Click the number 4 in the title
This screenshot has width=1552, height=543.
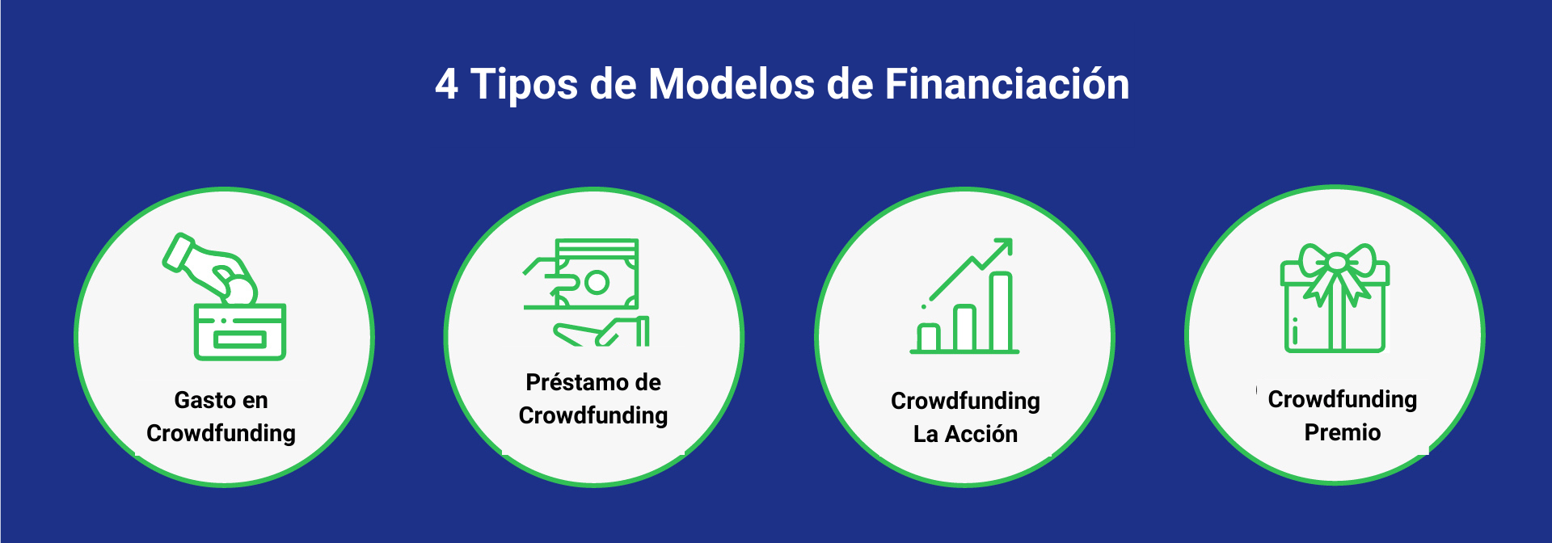click(447, 85)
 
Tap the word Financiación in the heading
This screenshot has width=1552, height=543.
click(1006, 85)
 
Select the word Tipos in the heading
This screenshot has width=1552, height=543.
click(524, 85)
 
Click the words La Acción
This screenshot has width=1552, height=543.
click(965, 434)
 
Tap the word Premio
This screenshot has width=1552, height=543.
click(1342, 432)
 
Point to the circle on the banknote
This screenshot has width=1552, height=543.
click(597, 283)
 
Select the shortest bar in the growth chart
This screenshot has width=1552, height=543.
click(928, 337)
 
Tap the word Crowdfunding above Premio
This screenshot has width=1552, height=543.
click(1342, 399)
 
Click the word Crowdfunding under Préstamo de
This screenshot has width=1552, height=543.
click(593, 415)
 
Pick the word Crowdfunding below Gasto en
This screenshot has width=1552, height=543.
click(221, 433)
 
